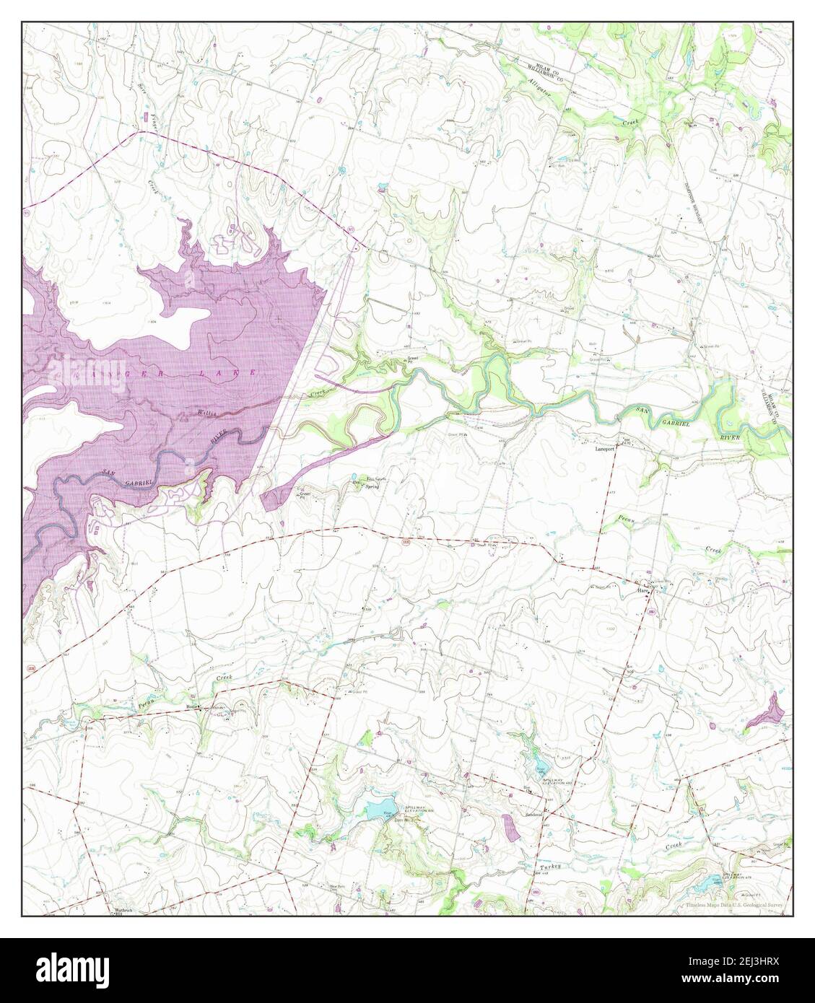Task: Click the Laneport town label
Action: pos(604,448)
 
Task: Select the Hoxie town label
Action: pos(192,706)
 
